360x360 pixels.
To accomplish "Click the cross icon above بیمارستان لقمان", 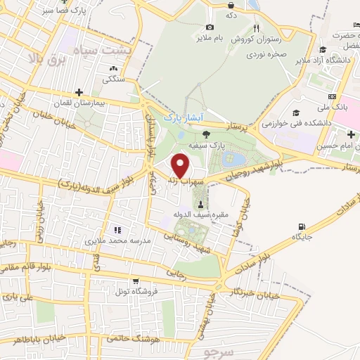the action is click(x=79, y=92).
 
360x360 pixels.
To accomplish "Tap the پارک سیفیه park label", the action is click(x=205, y=146).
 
